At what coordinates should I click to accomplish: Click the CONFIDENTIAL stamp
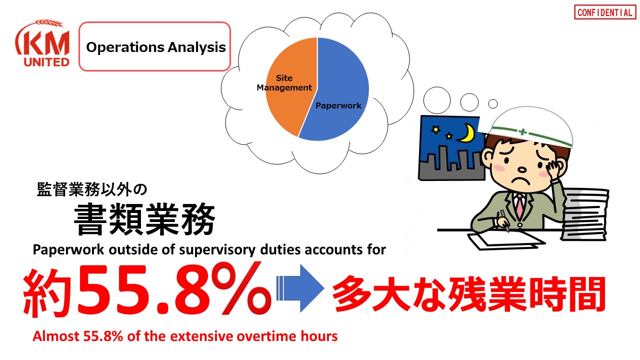point(605,12)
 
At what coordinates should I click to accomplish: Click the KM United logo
point(43,43)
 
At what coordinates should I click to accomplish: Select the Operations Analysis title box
point(155,46)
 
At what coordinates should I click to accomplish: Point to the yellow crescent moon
point(467,133)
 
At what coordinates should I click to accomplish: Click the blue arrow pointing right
point(300,288)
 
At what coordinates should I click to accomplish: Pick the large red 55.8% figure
point(174,289)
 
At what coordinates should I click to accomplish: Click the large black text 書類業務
point(144,219)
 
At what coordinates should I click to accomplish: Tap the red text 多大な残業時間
point(468,293)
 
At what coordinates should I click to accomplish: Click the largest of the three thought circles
point(437,100)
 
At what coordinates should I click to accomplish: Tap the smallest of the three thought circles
point(493,103)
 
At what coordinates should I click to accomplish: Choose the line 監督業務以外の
point(92,189)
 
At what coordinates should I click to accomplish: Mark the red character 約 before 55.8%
point(47,293)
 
